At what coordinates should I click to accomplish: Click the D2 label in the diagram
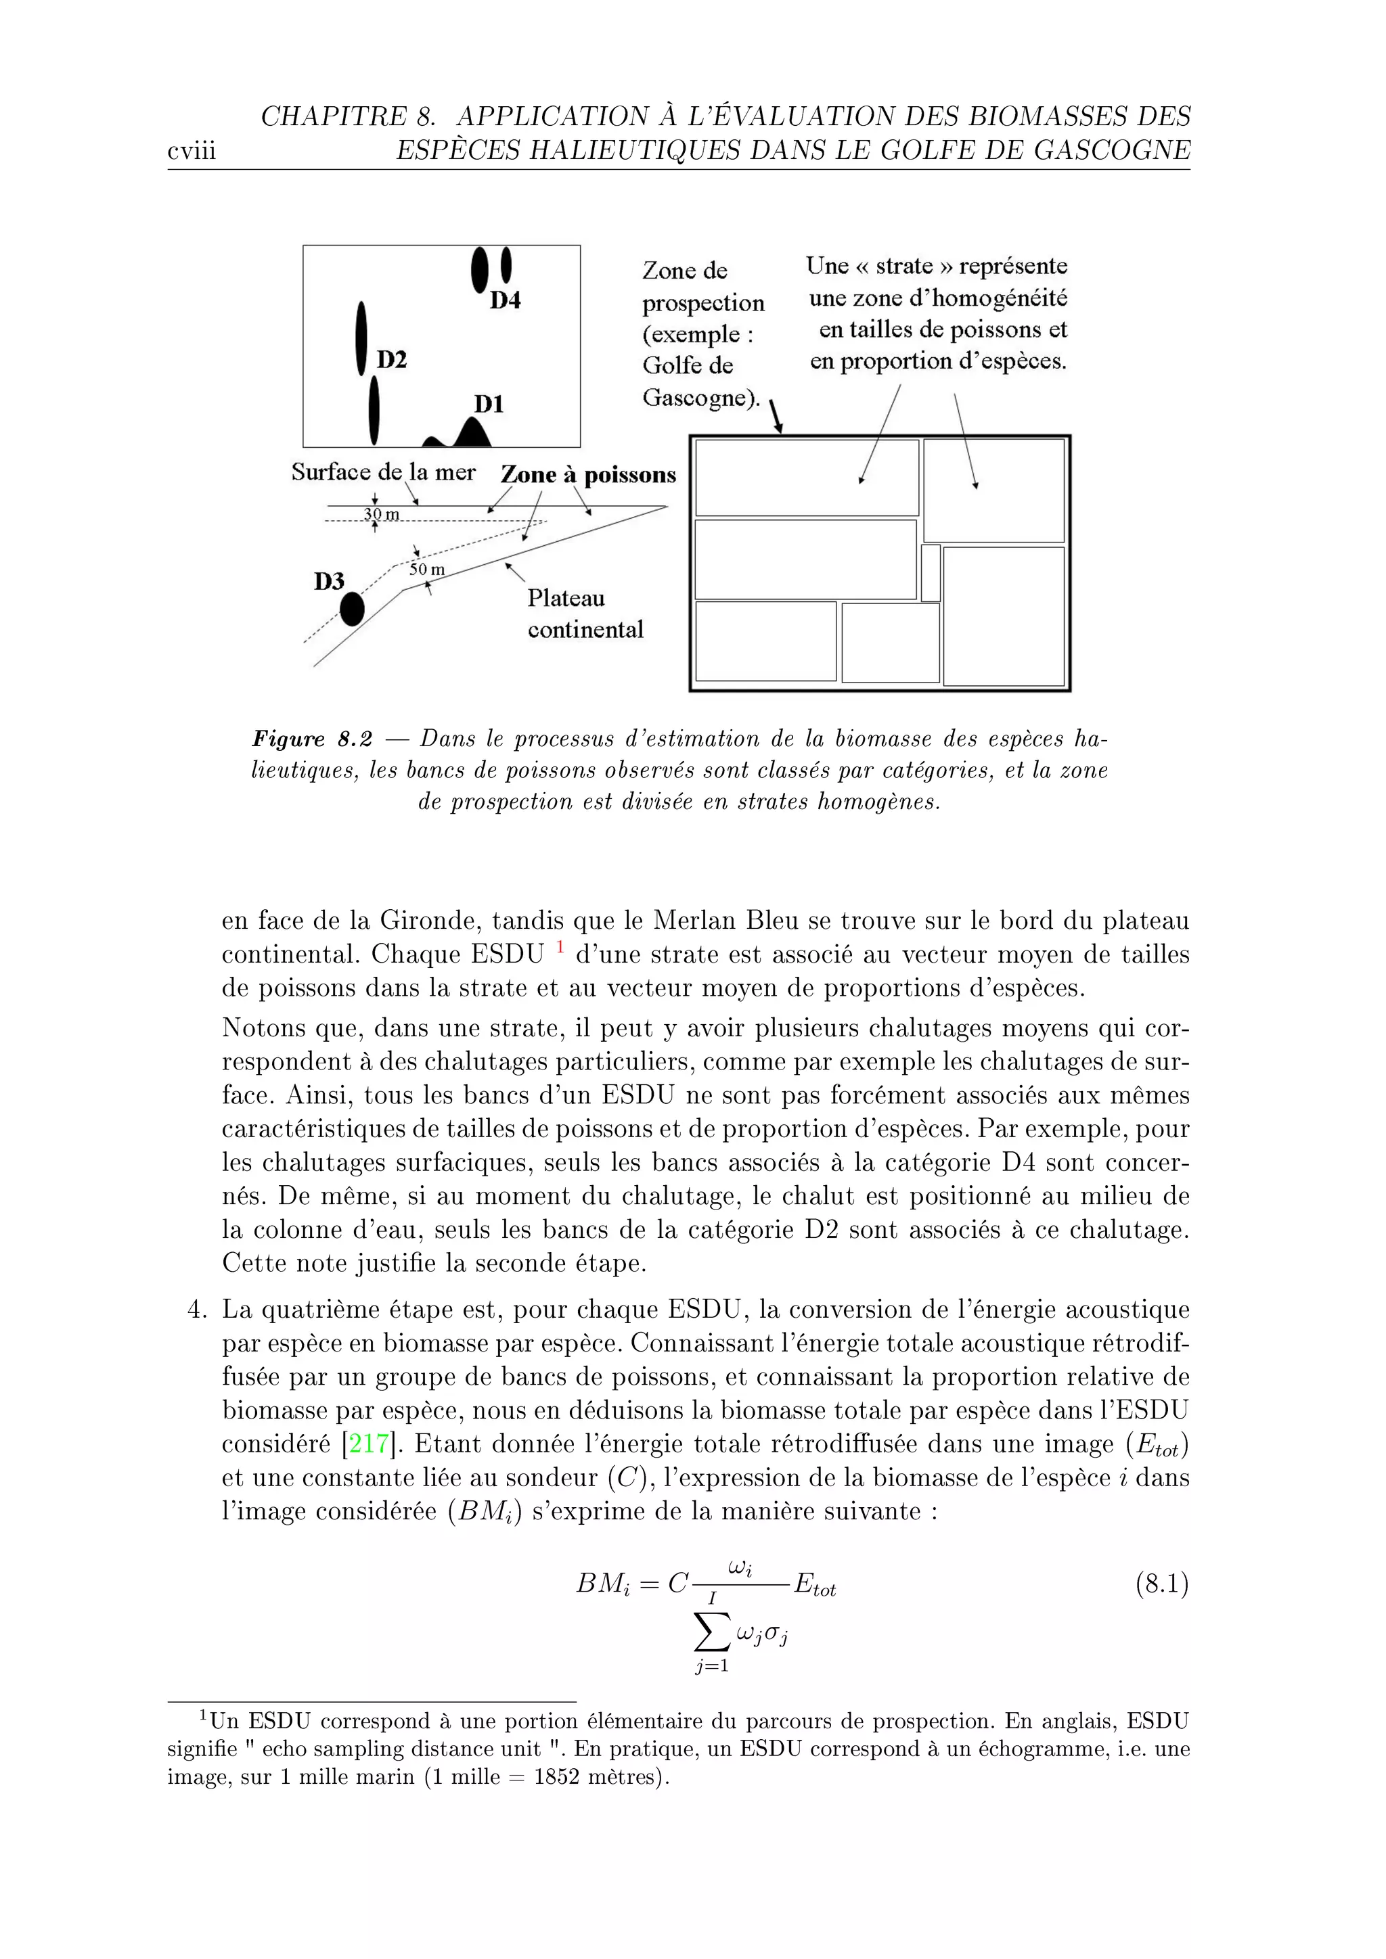392,360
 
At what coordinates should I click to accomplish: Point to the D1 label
489,404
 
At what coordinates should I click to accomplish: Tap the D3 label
329,582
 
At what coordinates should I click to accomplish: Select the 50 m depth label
427,569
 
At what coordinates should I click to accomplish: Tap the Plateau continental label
585,614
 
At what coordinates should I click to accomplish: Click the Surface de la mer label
383,472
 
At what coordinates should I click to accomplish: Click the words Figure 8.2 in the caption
311,739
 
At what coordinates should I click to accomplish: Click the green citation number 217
370,1444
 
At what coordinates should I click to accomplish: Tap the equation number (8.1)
1161,1584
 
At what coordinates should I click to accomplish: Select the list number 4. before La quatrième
196,1310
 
